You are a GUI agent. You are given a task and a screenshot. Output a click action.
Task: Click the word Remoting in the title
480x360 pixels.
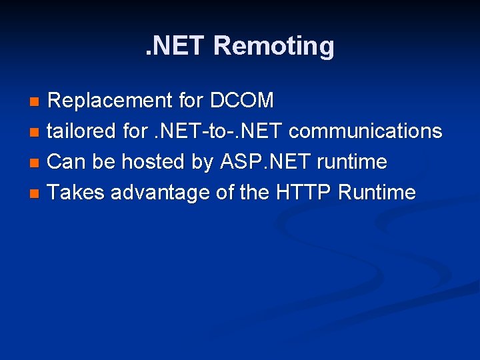tap(275, 46)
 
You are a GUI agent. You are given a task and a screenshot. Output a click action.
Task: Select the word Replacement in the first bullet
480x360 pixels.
tap(110, 101)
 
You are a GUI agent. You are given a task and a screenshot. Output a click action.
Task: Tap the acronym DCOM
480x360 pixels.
tap(242, 101)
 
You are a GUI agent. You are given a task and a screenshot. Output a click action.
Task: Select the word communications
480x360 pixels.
tap(365, 131)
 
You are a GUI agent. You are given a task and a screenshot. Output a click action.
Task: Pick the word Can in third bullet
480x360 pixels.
tap(66, 162)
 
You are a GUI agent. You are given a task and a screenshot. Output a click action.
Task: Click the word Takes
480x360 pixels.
tap(77, 193)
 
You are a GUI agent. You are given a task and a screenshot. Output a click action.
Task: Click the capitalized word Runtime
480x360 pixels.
tap(377, 193)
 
